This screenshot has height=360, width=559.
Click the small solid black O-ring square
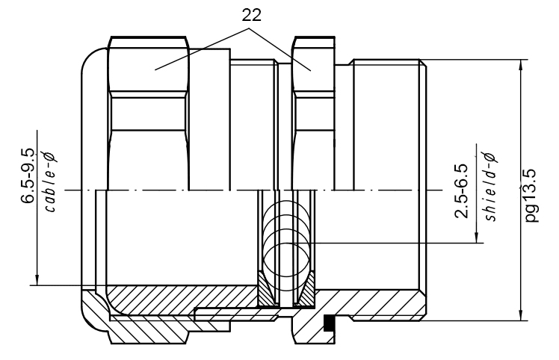[328, 324]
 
